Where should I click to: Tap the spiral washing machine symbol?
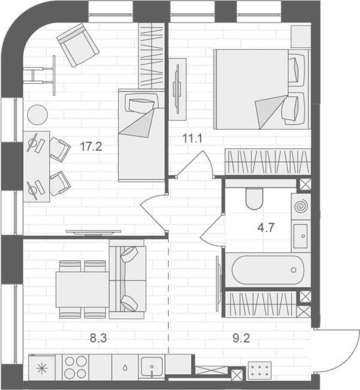click(x=301, y=206)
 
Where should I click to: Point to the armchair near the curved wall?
click(x=78, y=44)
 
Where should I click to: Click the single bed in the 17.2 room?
click(x=140, y=134)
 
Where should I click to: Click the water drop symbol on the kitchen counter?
click(x=125, y=367)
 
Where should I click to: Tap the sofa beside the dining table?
click(x=127, y=279)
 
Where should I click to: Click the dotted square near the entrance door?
click(x=259, y=370)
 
